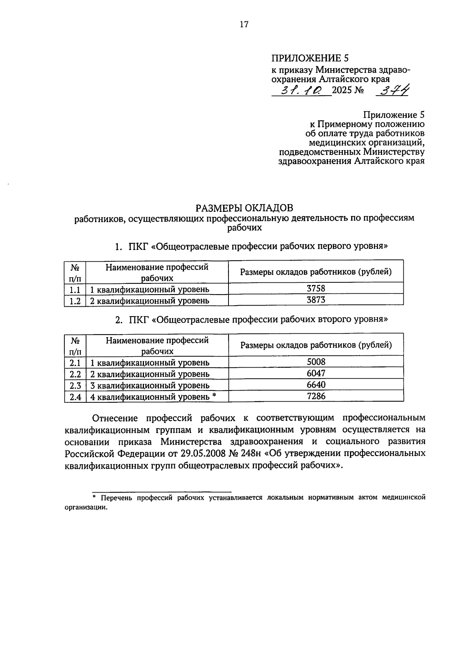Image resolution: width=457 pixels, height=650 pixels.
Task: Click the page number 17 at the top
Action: click(244, 25)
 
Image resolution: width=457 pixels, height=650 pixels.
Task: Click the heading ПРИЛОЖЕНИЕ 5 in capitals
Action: click(310, 58)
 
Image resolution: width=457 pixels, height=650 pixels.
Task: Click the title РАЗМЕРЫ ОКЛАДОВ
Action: click(244, 208)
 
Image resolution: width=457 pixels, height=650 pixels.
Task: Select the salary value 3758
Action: click(316, 288)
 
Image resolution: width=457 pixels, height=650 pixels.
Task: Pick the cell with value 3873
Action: click(316, 300)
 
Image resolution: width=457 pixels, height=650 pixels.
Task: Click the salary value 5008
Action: click(316, 362)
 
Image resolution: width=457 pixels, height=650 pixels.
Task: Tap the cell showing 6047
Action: click(316, 373)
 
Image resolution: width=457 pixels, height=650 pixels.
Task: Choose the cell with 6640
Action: click(316, 385)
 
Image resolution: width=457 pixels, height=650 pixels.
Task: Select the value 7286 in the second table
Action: click(316, 396)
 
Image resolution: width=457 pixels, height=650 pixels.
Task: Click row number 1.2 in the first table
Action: click(75, 301)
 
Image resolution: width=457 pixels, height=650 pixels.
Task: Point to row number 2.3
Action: click(75, 386)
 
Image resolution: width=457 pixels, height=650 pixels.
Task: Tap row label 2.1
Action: click(75, 362)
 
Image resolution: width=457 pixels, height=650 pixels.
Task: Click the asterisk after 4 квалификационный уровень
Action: click(214, 395)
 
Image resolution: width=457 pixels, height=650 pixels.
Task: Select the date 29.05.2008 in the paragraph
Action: click(201, 453)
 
